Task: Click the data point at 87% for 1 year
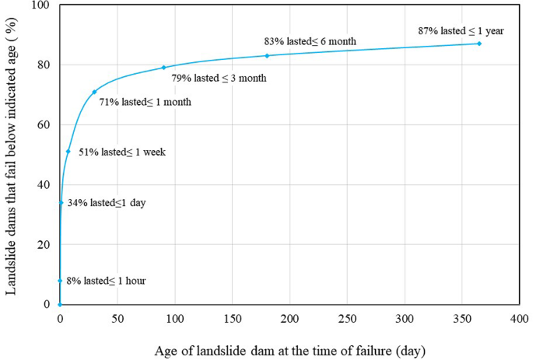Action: coord(479,44)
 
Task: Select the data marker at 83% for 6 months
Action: coord(267,55)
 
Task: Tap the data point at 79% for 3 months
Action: coord(163,68)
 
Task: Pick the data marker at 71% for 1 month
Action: coord(94,92)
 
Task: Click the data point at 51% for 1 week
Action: coord(68,152)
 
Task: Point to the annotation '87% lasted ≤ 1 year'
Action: coord(461,30)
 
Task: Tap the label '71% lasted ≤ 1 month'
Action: coord(145,102)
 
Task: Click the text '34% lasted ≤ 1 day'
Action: coord(107,203)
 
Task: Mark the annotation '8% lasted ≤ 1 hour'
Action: coord(107,281)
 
